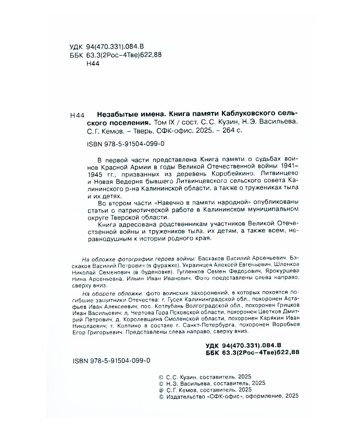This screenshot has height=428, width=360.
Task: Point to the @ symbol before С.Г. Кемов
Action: tap(160, 389)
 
